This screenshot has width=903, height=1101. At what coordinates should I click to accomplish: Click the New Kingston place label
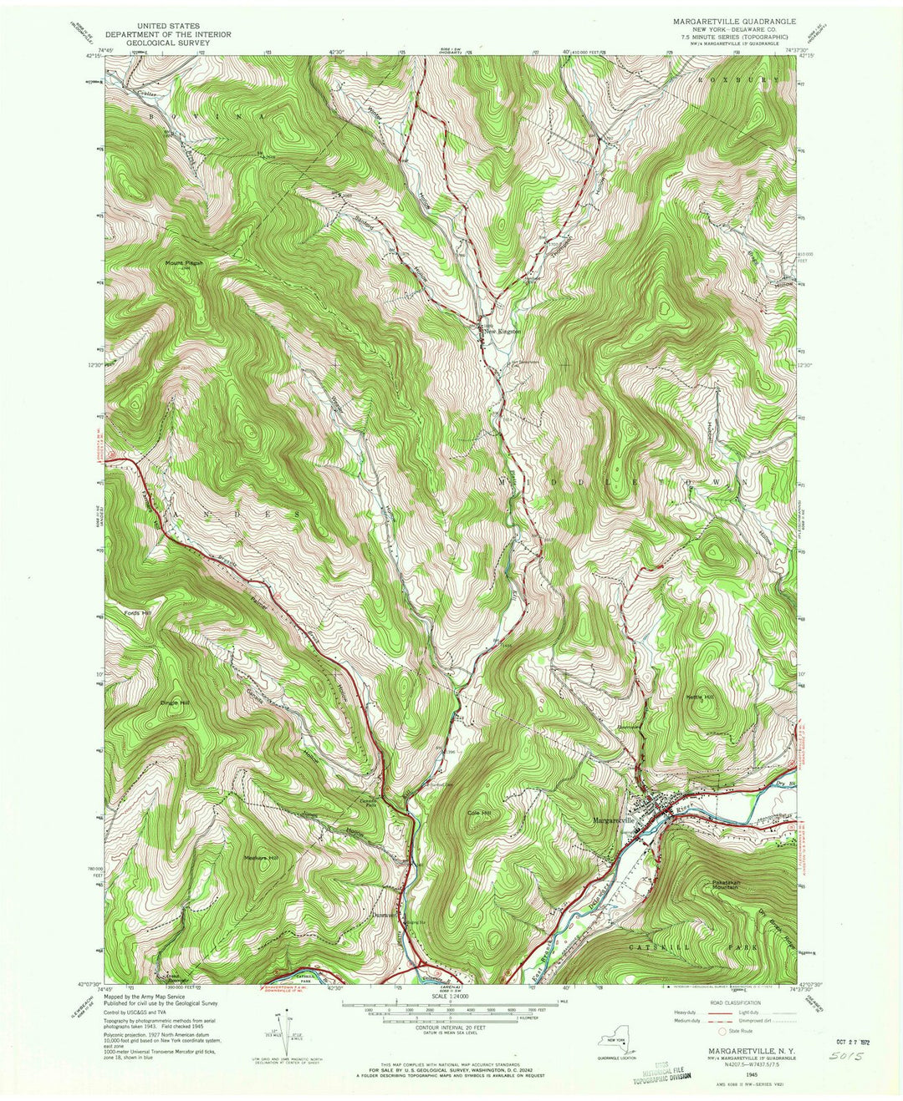(x=503, y=332)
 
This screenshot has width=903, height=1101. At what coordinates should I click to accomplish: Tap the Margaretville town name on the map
(x=616, y=819)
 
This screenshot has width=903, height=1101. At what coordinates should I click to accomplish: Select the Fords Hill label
(x=135, y=613)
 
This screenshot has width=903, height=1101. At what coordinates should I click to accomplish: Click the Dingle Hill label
(x=175, y=703)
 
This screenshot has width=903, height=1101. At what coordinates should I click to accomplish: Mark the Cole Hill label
(x=479, y=812)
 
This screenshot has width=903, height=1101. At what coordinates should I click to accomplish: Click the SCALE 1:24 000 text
(x=450, y=996)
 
